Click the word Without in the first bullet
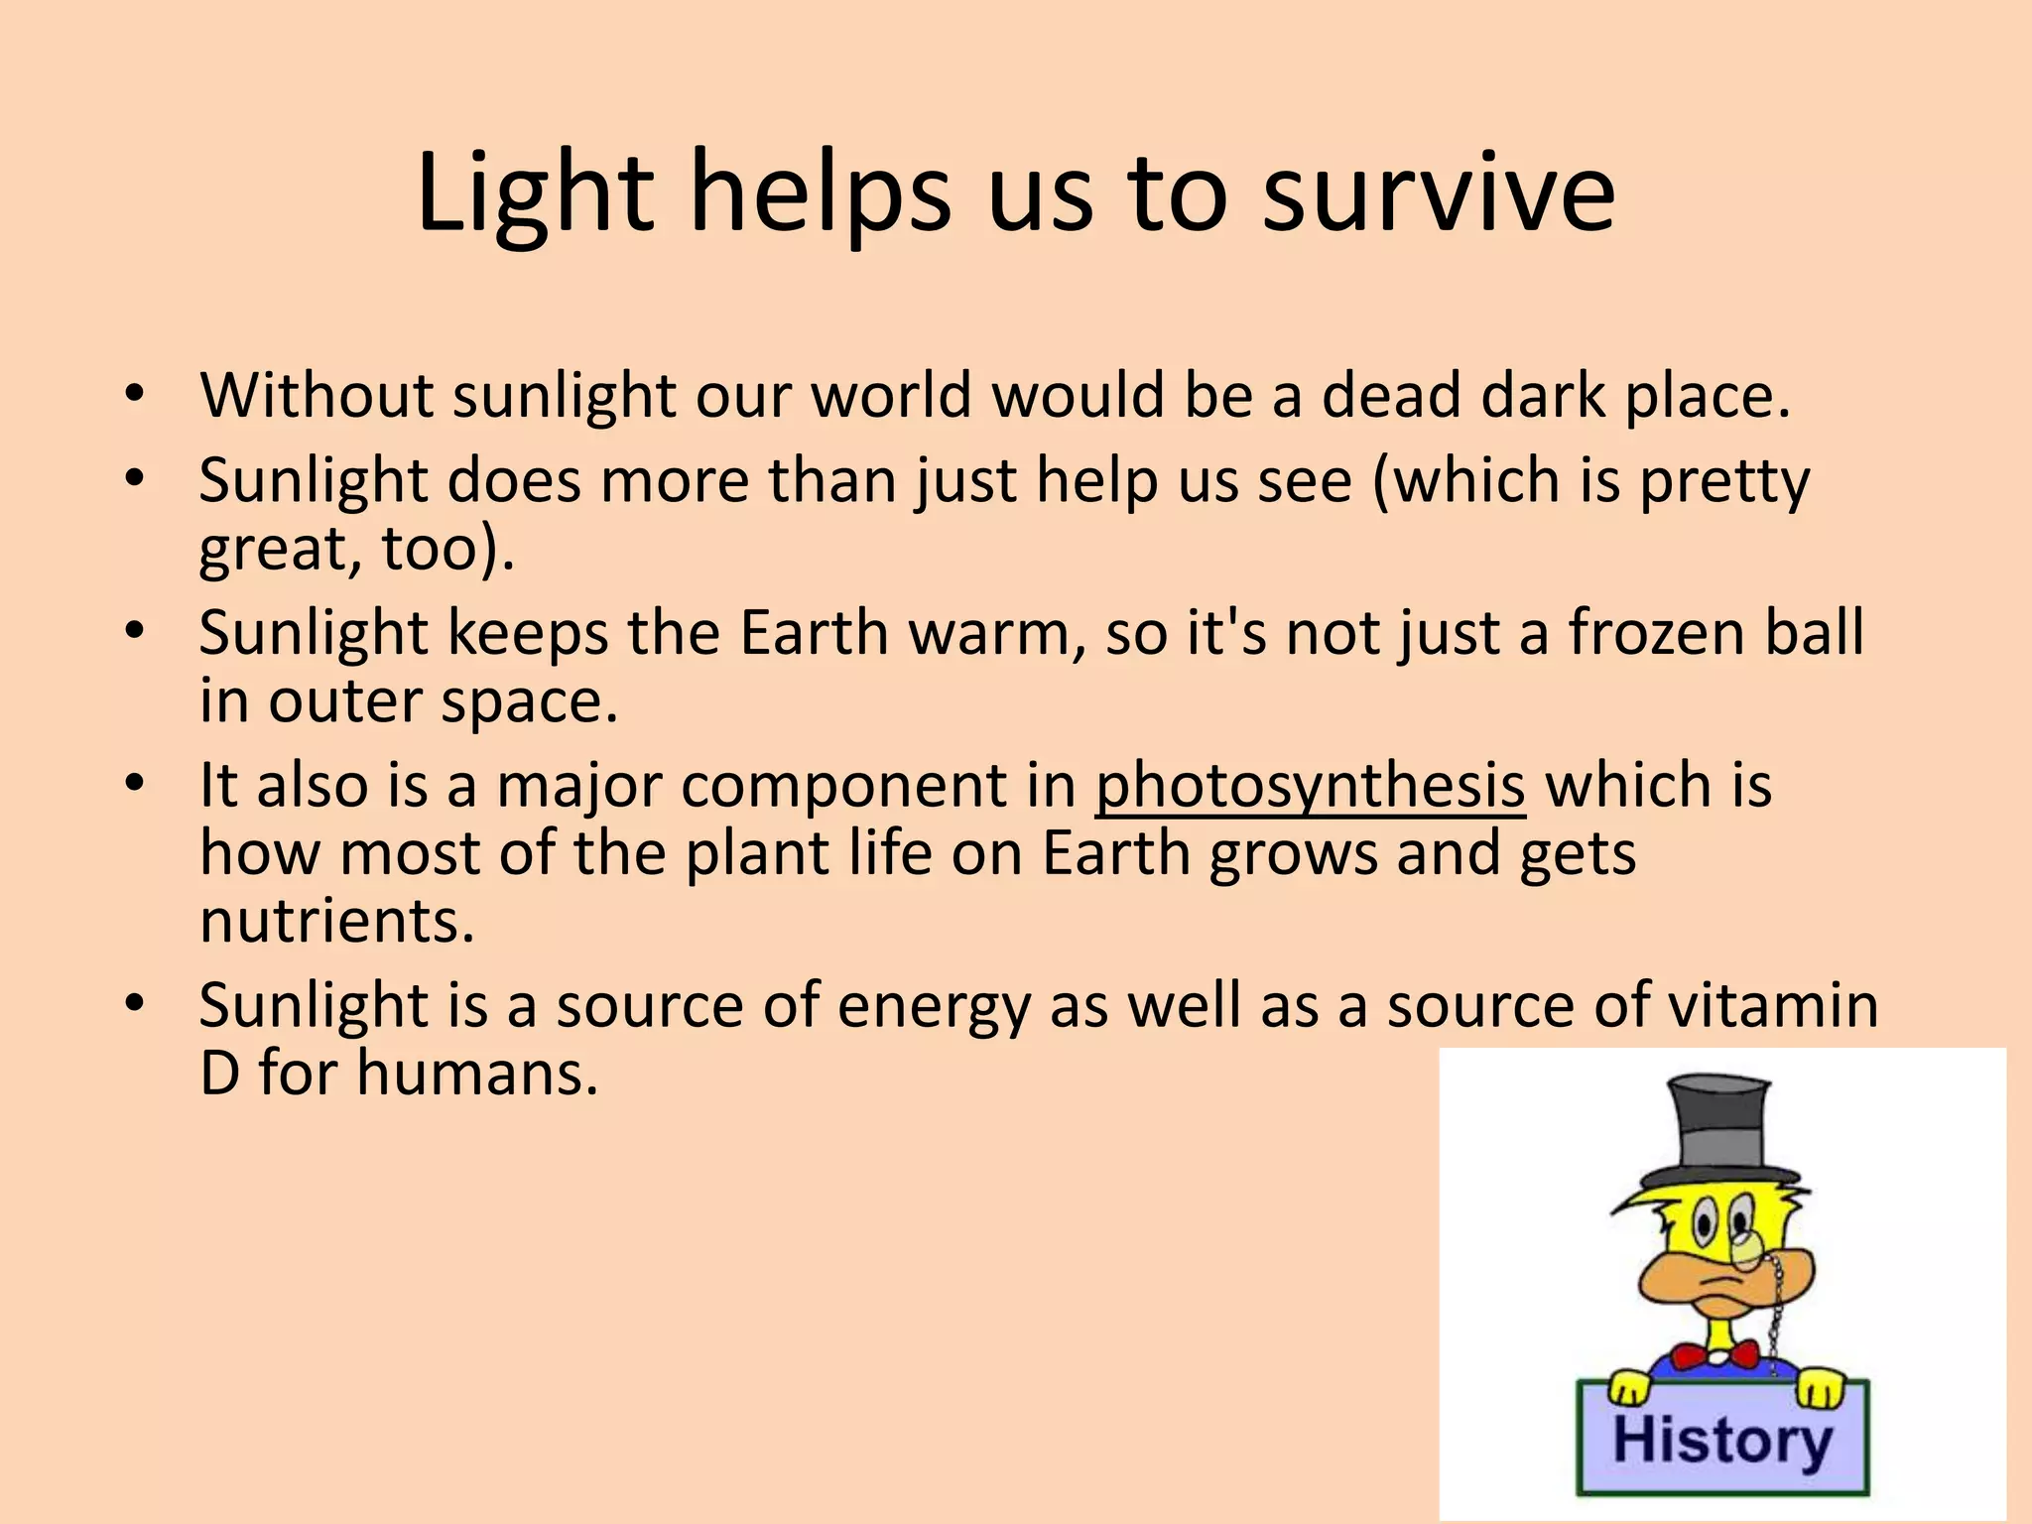click(317, 396)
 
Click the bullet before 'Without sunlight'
click(135, 395)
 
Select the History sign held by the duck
click(1721, 1438)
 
